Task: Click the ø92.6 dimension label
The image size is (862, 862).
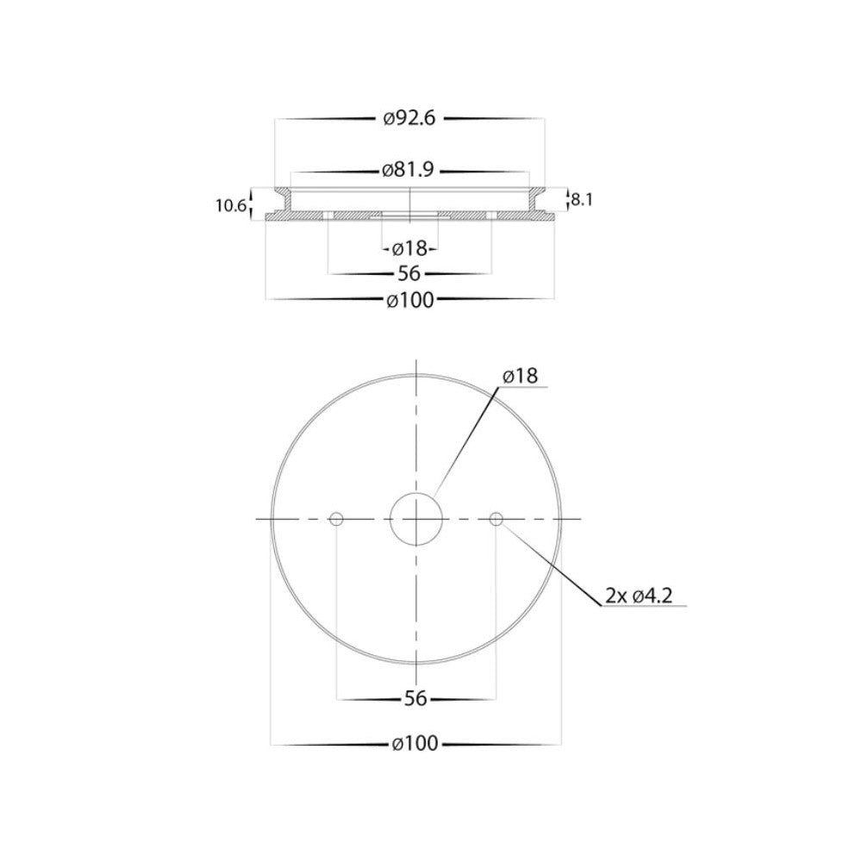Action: click(409, 119)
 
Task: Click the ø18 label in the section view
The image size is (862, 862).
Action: click(409, 249)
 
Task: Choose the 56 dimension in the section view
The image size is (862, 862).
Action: click(409, 274)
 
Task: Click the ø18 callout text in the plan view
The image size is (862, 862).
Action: click(520, 376)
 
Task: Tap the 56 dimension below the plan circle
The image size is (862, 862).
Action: click(415, 699)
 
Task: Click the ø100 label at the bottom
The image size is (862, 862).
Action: click(415, 744)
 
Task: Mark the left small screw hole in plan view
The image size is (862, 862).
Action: click(337, 519)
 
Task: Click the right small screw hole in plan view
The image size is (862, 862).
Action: click(496, 519)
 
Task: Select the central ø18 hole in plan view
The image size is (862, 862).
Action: click(416, 519)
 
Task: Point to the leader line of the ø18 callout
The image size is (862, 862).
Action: click(466, 440)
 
